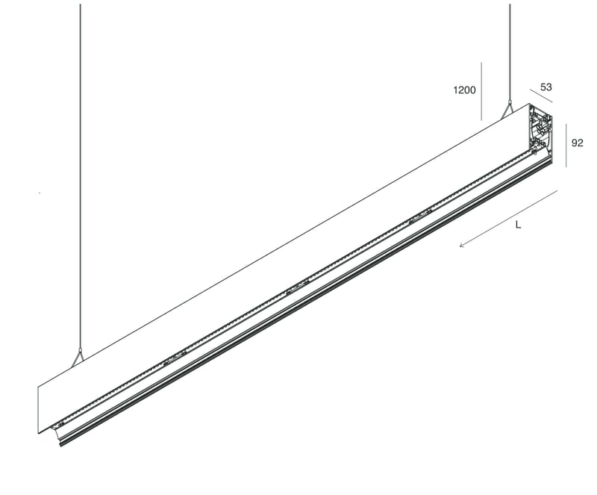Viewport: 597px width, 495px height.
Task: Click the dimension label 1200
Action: pos(464,91)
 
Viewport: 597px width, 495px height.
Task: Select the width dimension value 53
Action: pos(546,87)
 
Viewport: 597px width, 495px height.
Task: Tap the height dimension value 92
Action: pos(577,143)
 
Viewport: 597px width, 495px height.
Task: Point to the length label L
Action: pos(518,225)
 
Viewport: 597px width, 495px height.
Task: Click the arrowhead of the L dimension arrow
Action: pos(462,244)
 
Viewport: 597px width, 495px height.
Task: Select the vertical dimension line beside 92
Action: pos(566,146)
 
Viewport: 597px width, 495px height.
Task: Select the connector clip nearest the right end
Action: pos(419,217)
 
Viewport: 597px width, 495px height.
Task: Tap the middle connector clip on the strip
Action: pos(297,284)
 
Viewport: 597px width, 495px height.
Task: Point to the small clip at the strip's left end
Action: pos(57,426)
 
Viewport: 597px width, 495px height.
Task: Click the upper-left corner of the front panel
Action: pos(39,387)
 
